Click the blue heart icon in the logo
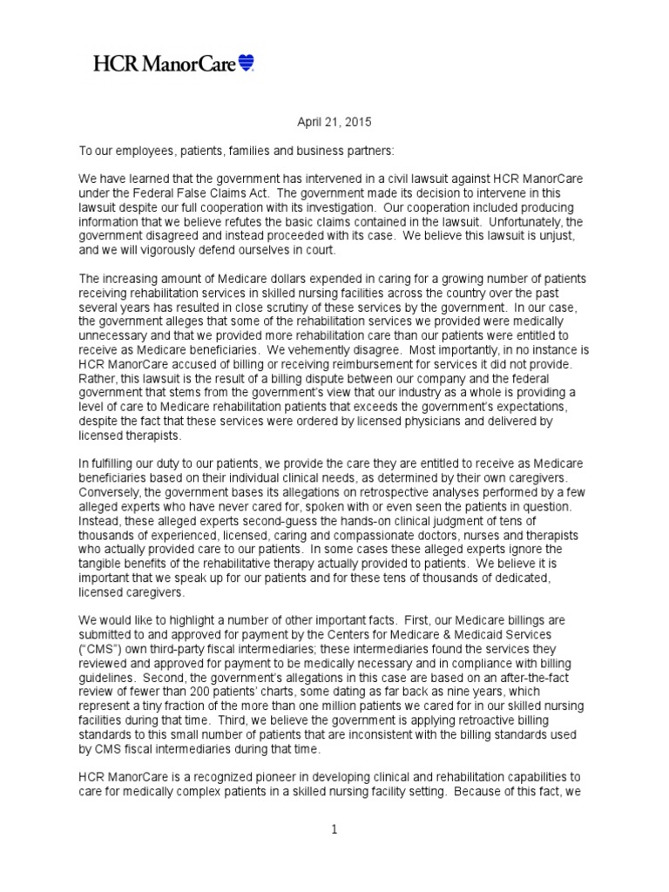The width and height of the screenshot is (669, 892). [x=246, y=63]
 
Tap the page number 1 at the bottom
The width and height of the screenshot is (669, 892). [x=334, y=828]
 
